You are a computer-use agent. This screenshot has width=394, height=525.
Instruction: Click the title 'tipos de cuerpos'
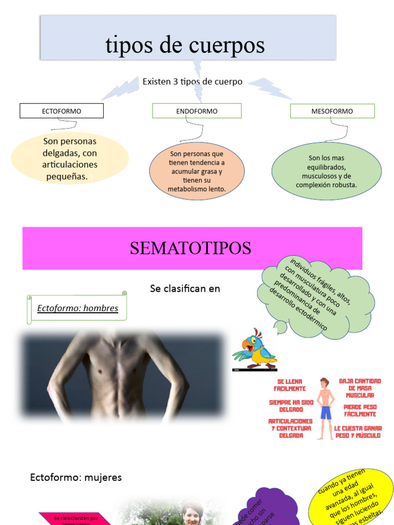tap(185, 45)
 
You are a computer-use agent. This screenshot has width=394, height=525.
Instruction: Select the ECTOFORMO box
tap(62, 111)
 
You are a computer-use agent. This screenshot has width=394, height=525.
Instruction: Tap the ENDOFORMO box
tap(196, 111)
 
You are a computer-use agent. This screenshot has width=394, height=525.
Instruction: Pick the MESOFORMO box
tap(332, 111)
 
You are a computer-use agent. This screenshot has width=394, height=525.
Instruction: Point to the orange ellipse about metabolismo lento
tap(196, 171)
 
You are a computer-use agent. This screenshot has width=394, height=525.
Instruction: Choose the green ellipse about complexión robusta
tap(326, 171)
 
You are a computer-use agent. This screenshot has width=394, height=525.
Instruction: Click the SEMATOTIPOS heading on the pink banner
tap(190, 248)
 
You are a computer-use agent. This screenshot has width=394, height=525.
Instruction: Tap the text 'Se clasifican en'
tap(185, 289)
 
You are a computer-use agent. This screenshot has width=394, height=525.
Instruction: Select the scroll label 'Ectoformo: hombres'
tap(77, 308)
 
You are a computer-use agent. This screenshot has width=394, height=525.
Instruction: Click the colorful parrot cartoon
tap(254, 350)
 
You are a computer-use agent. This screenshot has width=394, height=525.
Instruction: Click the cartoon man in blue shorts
tap(325, 408)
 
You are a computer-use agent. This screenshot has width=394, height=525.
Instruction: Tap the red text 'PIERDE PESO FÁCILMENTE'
tap(360, 410)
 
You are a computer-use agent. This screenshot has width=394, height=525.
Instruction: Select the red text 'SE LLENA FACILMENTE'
tap(290, 385)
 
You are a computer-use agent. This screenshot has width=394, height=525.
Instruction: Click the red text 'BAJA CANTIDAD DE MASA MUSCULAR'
tap(360, 388)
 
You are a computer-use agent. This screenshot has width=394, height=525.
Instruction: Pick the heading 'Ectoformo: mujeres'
tap(76, 477)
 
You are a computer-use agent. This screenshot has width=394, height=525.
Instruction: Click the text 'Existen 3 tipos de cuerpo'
tap(192, 82)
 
